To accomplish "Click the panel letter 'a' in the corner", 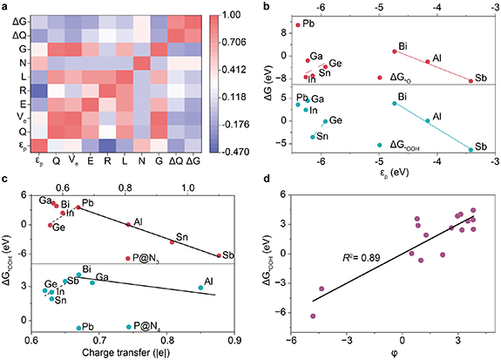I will tap(5, 6).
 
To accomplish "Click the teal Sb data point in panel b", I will tap(471, 150).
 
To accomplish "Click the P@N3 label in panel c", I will tap(146, 257).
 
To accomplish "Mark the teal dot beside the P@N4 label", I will tap(128, 326).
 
